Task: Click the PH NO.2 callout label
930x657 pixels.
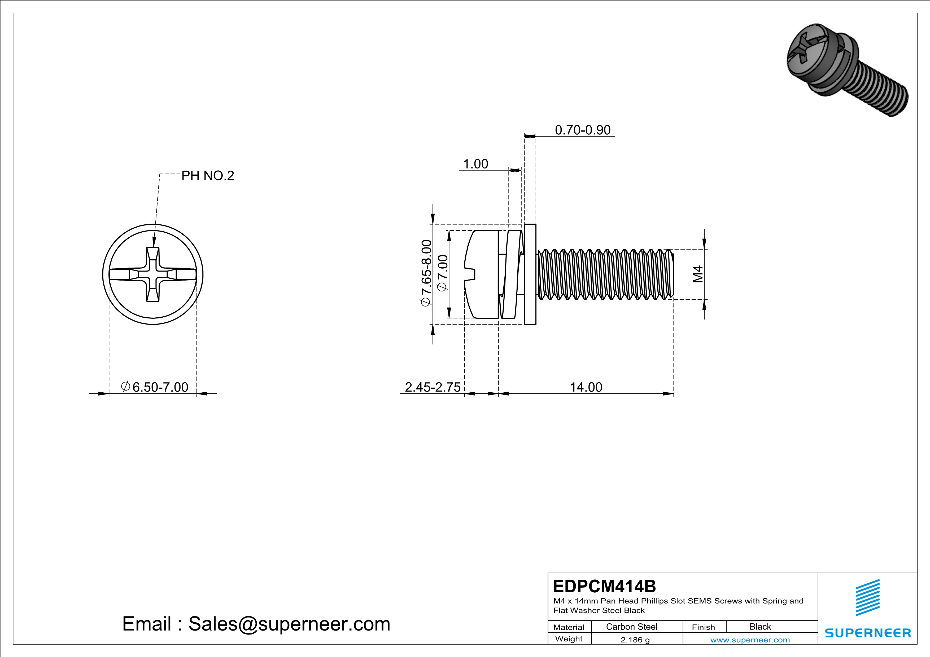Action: [x=207, y=176]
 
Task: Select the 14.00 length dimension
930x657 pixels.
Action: [x=586, y=387]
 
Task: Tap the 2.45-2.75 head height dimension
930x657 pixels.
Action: [x=433, y=387]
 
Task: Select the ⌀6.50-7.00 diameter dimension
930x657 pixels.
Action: [x=155, y=387]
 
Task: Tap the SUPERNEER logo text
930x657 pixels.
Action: [x=868, y=633]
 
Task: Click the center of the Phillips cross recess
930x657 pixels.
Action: [x=153, y=275]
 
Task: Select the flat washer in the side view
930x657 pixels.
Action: [x=530, y=274]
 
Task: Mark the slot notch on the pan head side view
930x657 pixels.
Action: [x=470, y=274]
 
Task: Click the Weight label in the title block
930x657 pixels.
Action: [x=569, y=639]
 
